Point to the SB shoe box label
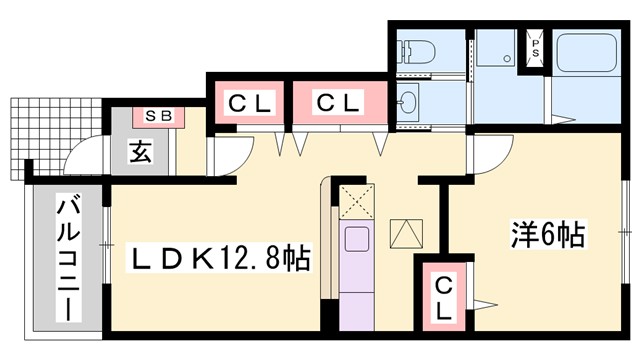[x=161, y=116]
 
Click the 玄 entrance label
[x=140, y=152]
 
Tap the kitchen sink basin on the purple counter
[x=355, y=241]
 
